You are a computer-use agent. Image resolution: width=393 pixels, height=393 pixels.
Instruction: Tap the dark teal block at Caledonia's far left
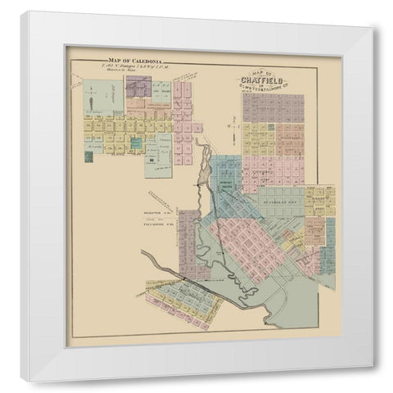click(88, 156)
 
